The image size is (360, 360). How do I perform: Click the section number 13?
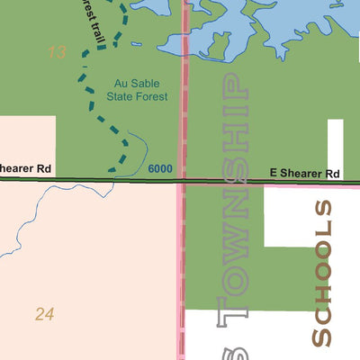coord(57,52)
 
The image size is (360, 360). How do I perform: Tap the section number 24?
coord(45,314)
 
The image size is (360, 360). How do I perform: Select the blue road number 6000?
coord(160,168)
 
